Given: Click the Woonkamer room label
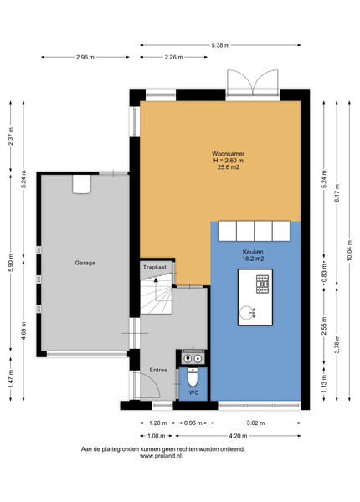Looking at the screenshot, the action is coord(228,154).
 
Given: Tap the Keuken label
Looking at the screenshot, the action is coord(253,252).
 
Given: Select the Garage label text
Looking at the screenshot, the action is coord(85,263).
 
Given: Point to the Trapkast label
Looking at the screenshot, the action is coord(155,267).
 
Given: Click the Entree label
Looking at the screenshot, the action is coord(158,370).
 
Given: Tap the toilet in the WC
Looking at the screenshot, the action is coord(193,377).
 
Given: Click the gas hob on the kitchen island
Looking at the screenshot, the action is coord(263,284).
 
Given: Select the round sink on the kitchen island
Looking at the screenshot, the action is coord(248,313).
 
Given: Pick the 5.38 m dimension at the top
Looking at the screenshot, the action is coord(220,45).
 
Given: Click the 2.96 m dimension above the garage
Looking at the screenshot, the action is coord(85,57).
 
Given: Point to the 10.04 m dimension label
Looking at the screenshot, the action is coord(349,250).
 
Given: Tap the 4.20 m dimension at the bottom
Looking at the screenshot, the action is coord(238,436).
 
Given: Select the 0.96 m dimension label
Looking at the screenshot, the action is coord(193,423).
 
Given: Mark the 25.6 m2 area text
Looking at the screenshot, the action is coord(229,167).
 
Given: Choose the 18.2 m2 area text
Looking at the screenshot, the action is coord(253,259).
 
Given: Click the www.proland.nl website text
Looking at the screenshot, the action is coord(161,456).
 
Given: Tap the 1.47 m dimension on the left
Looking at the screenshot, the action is coord(11,379).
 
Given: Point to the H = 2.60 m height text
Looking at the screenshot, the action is coord(229,161).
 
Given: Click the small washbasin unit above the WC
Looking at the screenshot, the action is coord(193,357).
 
